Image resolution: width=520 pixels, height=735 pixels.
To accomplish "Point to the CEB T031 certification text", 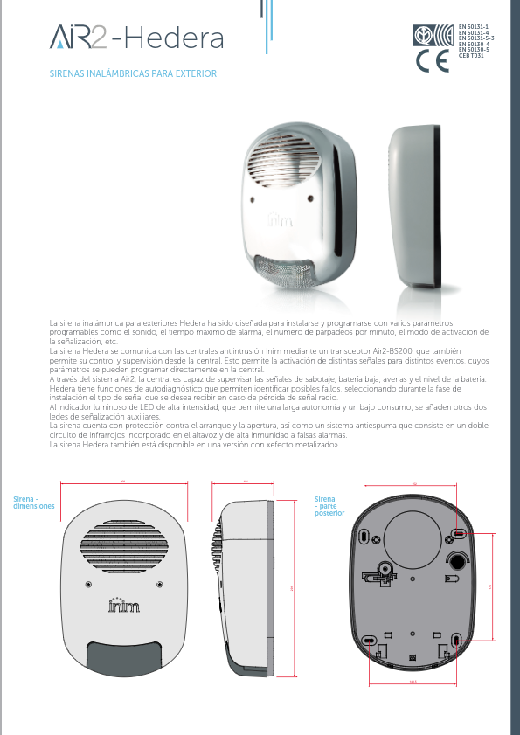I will point(471,56).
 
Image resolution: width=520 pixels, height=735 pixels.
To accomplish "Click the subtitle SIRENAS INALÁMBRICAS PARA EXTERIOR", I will point(133,74).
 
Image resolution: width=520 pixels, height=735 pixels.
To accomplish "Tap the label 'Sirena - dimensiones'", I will point(33,503).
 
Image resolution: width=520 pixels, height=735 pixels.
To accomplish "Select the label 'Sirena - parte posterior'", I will point(329,508).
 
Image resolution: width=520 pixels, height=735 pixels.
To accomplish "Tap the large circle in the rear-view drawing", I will point(411,532).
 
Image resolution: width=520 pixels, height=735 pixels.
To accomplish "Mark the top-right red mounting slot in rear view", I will point(457,532).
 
